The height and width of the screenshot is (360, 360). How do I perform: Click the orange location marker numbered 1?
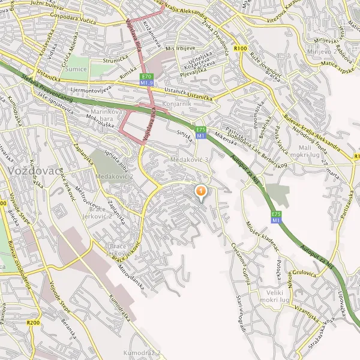click(x=201, y=191)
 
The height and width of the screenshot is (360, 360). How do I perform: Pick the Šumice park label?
click(x=76, y=69)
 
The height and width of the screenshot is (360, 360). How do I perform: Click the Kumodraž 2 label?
click(x=142, y=353)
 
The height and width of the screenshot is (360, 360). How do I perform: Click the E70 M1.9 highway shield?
click(x=147, y=78)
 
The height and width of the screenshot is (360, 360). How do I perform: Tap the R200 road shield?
click(x=34, y=323)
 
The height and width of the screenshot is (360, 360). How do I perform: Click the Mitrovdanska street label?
click(x=131, y=275)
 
